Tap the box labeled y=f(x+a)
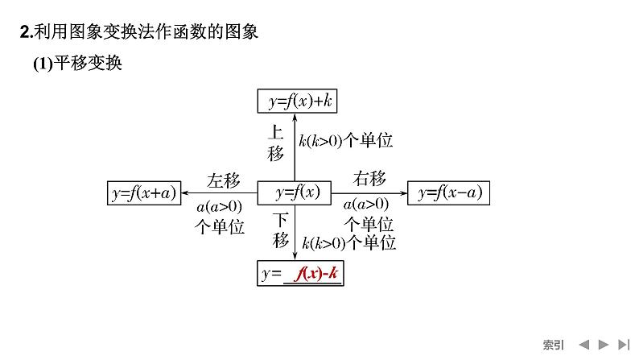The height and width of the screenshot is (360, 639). pos(144,192)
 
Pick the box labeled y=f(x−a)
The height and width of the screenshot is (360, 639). pos(449,192)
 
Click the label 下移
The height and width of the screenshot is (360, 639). pos(280,229)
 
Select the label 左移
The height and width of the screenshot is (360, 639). pos(222,179)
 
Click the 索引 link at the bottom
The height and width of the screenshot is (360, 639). pos(553,344)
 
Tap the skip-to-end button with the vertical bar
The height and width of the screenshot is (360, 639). pos(623,344)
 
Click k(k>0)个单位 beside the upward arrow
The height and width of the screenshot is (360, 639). pos(345,141)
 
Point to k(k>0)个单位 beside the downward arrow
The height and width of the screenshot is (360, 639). pos(348,242)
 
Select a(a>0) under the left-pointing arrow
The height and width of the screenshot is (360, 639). pos(219,206)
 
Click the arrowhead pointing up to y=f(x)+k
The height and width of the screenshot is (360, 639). pos(295,115)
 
